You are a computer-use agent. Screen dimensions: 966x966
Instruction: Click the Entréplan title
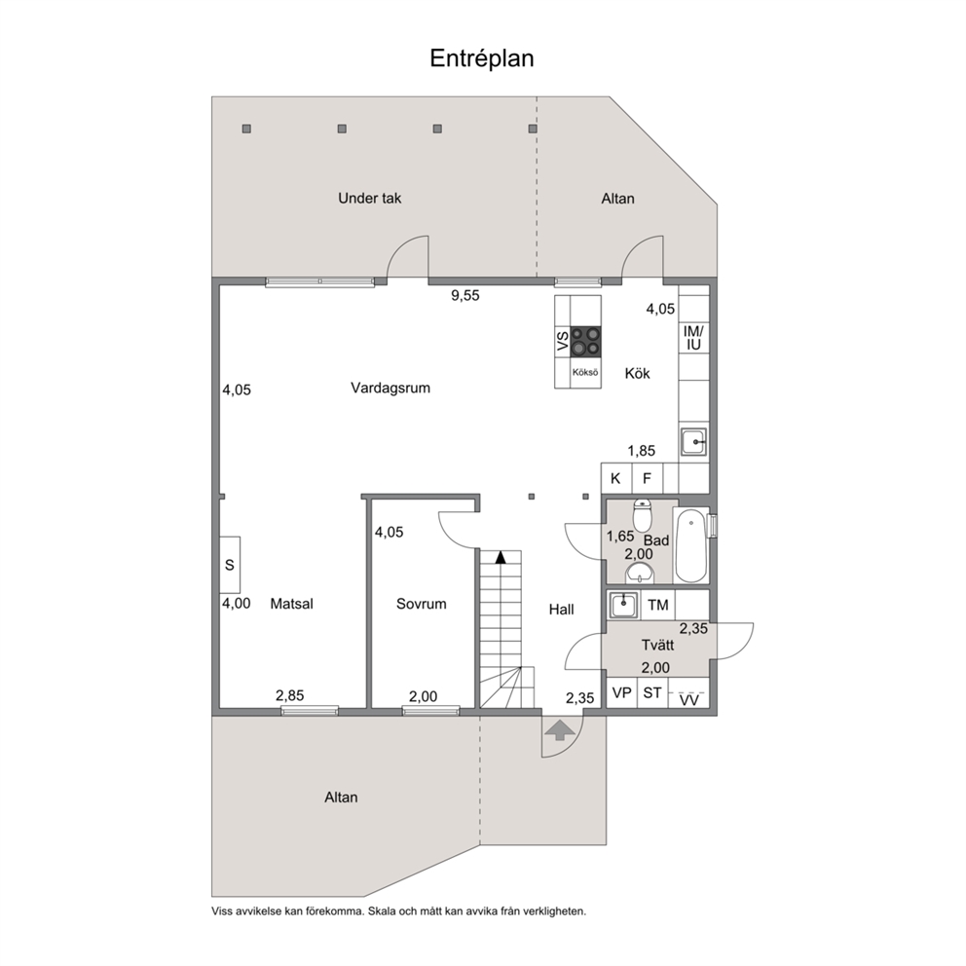pos(482,58)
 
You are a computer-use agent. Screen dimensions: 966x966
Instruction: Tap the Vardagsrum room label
pos(390,389)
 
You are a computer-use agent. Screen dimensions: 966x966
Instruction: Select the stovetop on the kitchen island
pos(585,341)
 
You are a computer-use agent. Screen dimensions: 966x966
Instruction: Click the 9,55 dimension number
pos(465,296)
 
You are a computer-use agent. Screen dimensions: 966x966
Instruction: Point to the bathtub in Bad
pos(690,544)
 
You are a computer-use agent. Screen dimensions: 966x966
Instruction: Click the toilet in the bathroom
pos(643,516)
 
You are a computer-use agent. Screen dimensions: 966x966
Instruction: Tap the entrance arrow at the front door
pos(559,730)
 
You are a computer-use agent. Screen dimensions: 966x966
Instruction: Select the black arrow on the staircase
pos(501,557)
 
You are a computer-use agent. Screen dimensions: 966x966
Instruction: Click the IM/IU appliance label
pos(693,338)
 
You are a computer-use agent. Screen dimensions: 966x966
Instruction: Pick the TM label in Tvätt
pos(658,606)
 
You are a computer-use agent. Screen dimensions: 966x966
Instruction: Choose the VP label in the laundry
pos(621,693)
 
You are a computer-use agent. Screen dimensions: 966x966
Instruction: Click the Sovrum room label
pos(422,604)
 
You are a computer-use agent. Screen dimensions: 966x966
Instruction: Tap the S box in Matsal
pos(230,565)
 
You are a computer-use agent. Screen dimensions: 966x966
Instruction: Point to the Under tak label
pos(370,199)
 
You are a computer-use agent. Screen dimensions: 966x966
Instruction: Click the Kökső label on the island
pos(585,373)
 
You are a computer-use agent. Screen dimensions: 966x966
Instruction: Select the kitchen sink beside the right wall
pos(693,442)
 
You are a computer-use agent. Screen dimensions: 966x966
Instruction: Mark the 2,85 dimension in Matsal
pos(289,695)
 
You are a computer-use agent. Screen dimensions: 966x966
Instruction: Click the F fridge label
pos(647,479)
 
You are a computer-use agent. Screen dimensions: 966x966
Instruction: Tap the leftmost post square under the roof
pos(246,129)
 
